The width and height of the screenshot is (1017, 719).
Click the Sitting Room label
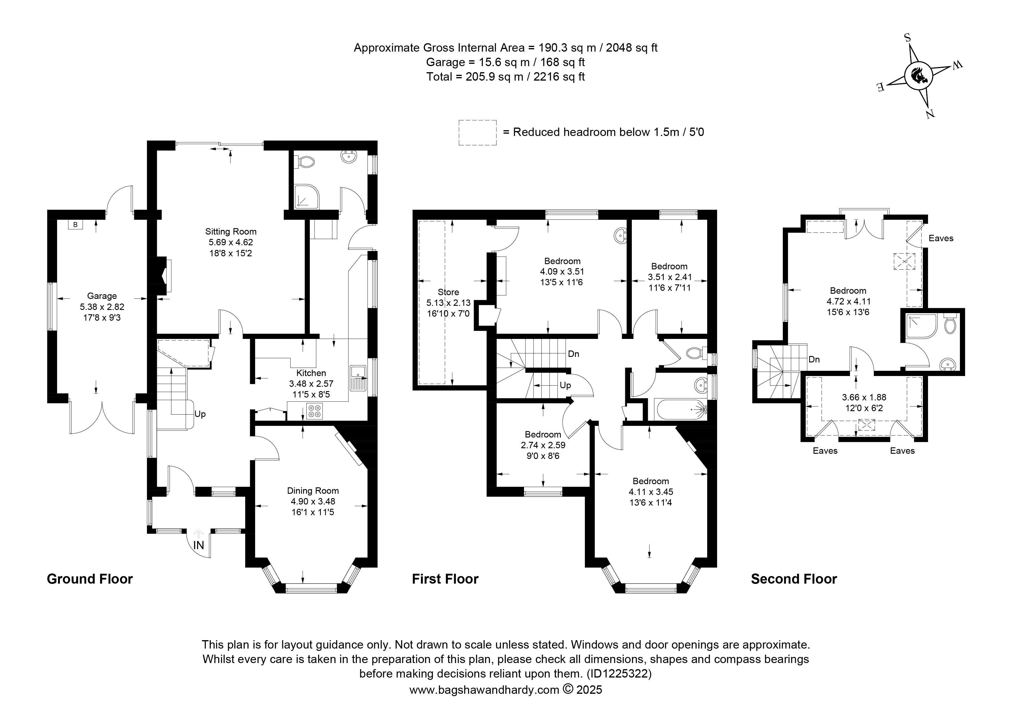[x=230, y=231]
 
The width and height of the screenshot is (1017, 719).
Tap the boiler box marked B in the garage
[x=75, y=225]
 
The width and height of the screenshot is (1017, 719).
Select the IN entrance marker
[x=199, y=545]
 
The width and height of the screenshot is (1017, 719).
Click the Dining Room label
[x=313, y=491]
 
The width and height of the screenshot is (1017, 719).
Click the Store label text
[x=448, y=292]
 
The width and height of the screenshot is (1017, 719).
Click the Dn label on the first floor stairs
[x=574, y=354]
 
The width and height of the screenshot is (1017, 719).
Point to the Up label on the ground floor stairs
[x=200, y=414]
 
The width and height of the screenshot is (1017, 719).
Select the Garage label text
[x=102, y=296]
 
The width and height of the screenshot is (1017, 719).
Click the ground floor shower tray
[x=306, y=197]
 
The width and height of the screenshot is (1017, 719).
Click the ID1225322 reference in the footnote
[x=619, y=674]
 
